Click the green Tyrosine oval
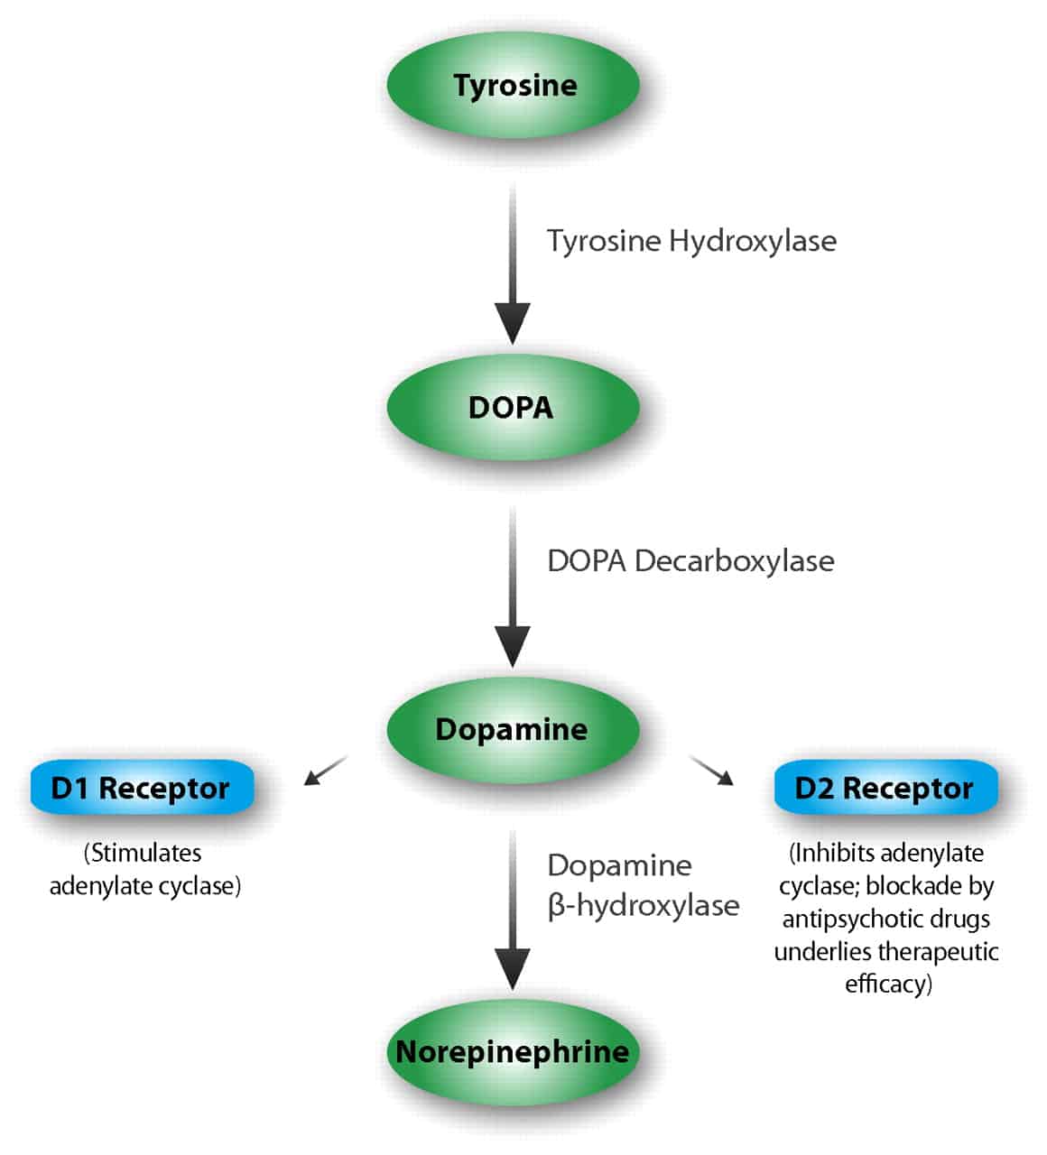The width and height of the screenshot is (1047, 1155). [514, 86]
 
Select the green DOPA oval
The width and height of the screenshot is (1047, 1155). [514, 407]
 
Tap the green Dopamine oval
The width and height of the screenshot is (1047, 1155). [514, 729]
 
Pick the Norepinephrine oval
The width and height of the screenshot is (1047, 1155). [514, 1052]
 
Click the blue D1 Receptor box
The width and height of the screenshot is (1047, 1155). [142, 788]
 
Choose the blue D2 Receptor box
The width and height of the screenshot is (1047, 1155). [885, 788]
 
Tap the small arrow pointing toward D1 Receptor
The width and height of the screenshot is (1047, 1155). [324, 771]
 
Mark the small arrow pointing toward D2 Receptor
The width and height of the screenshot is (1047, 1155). [712, 771]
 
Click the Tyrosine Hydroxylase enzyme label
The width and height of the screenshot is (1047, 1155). [691, 241]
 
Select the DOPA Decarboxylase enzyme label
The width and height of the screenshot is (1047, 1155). [690, 560]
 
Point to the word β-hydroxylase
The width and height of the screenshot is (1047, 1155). [644, 905]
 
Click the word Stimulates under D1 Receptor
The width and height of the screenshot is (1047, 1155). [143, 853]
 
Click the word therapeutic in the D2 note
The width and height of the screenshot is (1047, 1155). [938, 951]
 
